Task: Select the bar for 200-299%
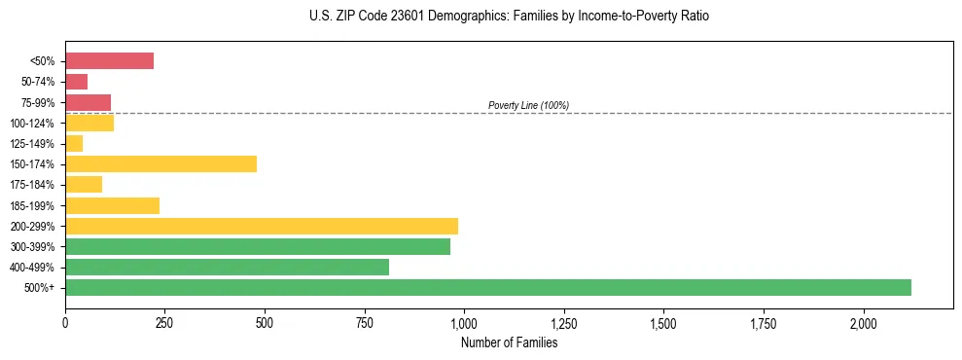262,226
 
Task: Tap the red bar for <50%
109,61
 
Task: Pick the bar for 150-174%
160,163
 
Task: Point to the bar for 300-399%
258,246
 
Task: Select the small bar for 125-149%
74,143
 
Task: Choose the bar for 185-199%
112,205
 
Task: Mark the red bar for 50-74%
76,82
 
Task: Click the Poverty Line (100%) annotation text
528,105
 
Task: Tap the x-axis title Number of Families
509,342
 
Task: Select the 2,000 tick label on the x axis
864,323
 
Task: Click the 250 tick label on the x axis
164,323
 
